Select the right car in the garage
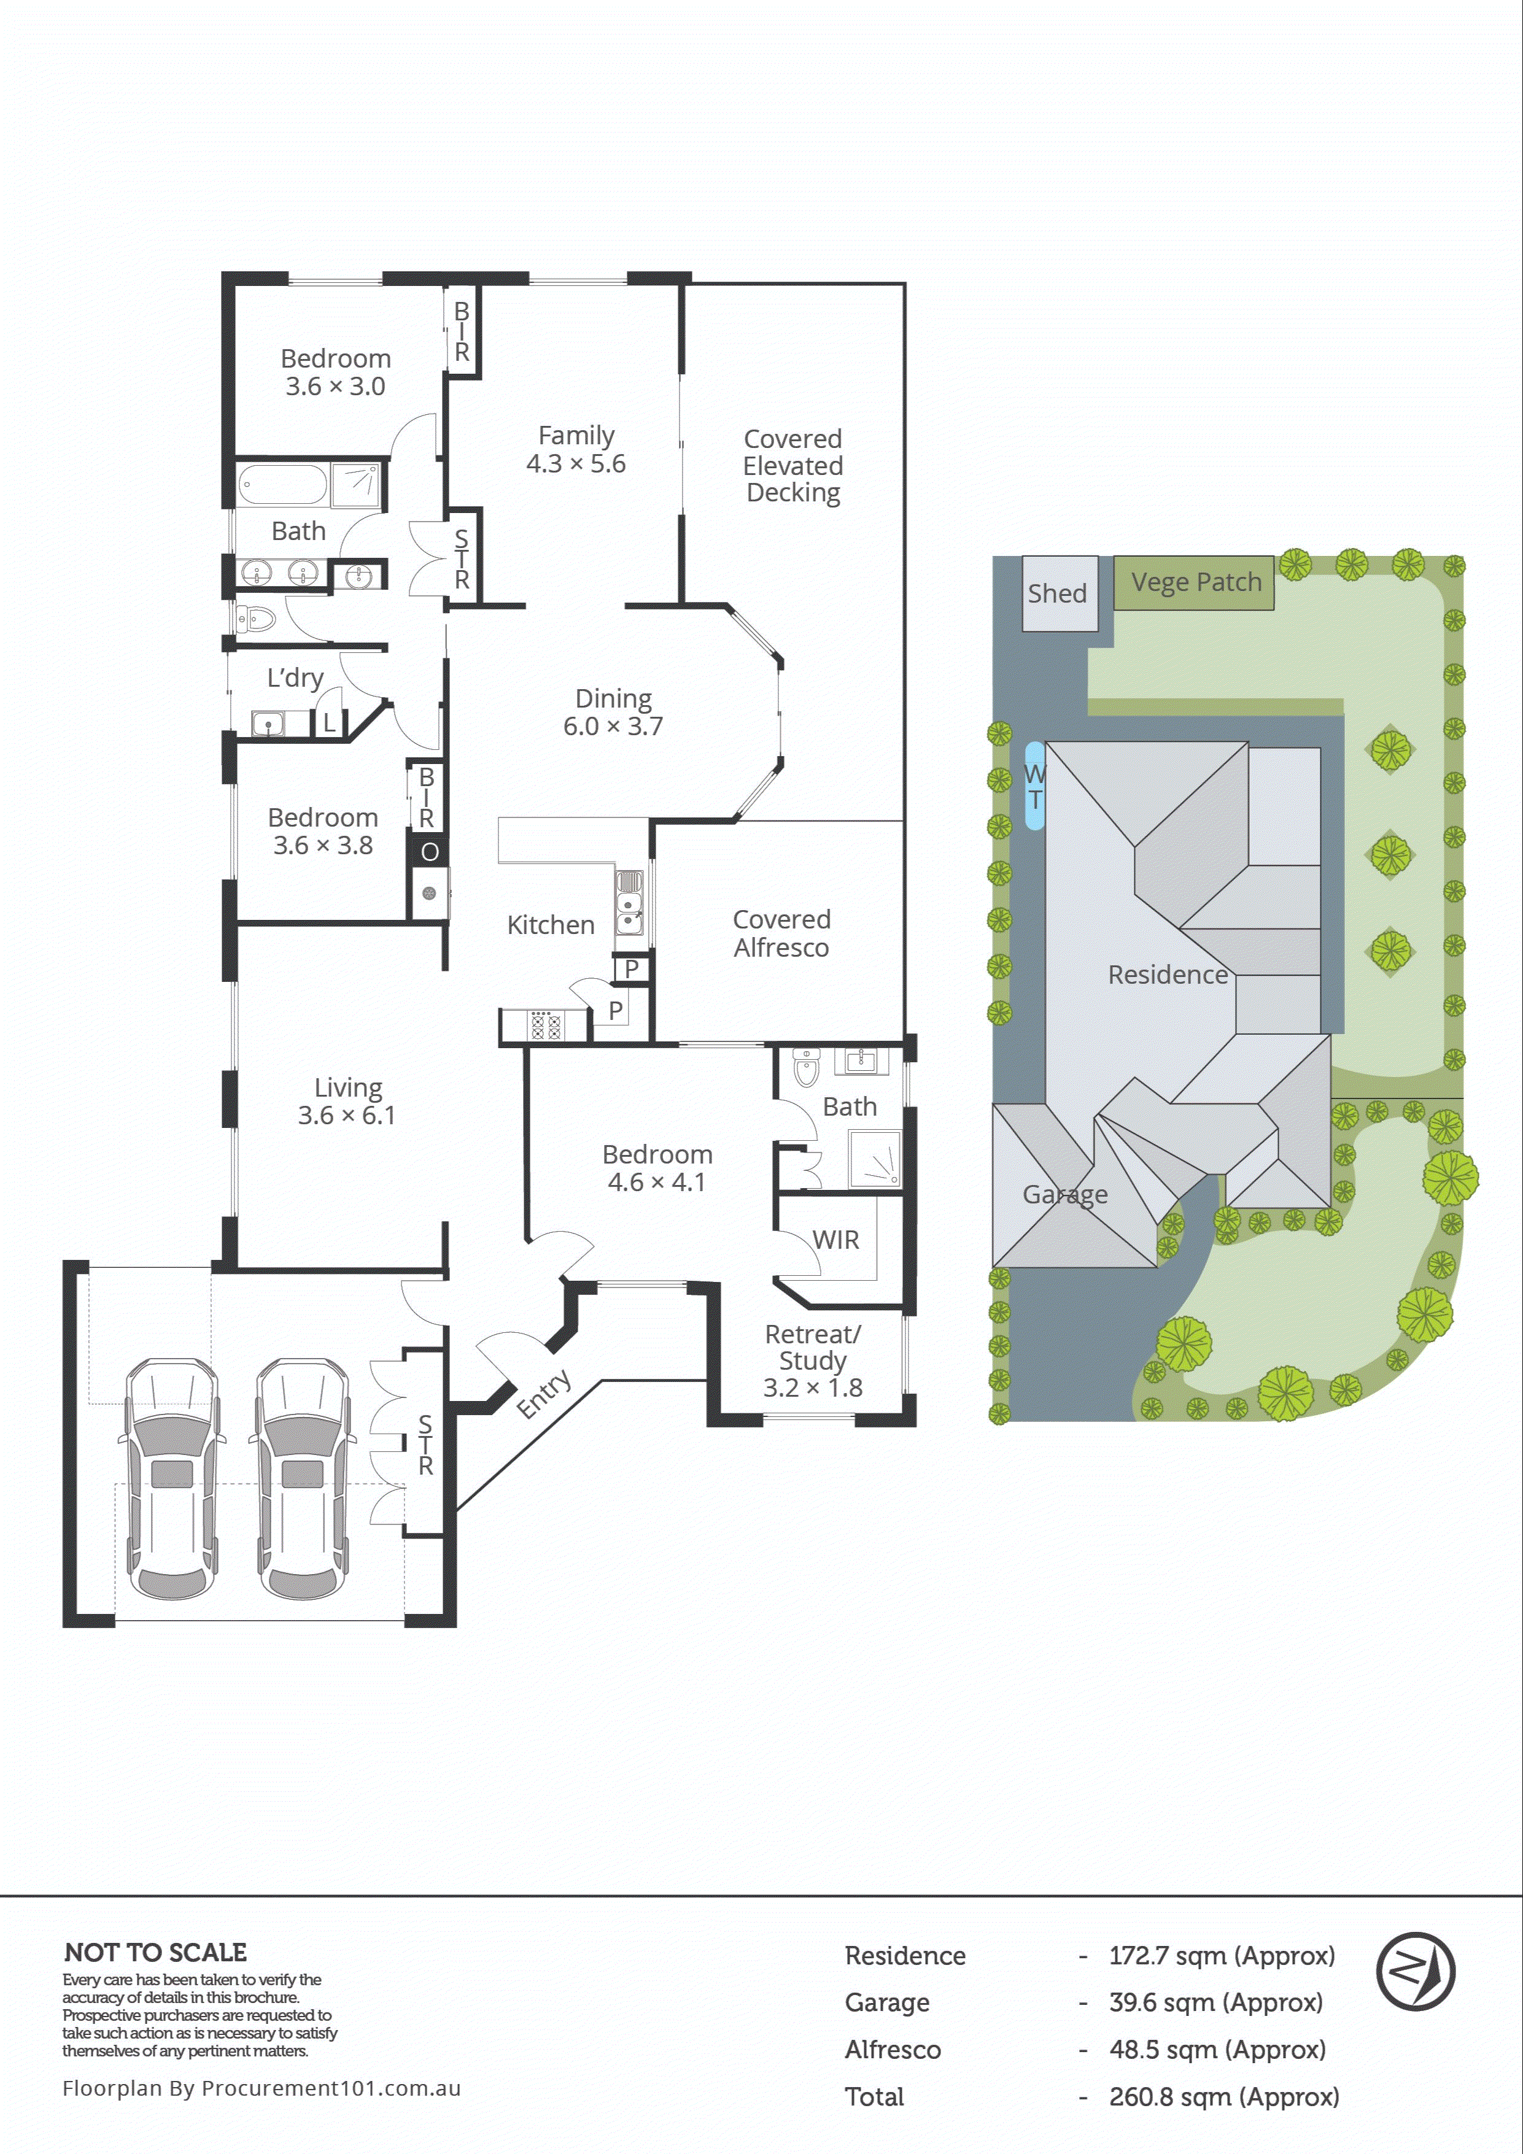pyautogui.click(x=302, y=1478)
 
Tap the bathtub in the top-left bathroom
pyautogui.click(x=282, y=485)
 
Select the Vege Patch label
pyautogui.click(x=1196, y=582)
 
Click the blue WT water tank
pyautogui.click(x=1034, y=786)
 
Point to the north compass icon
pyautogui.click(x=1415, y=1971)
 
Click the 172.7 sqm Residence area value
pyautogui.click(x=1221, y=1956)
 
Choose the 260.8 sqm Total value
pyautogui.click(x=1223, y=2097)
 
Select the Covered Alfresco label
pyautogui.click(x=781, y=933)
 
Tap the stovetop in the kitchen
pyautogui.click(x=545, y=1025)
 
